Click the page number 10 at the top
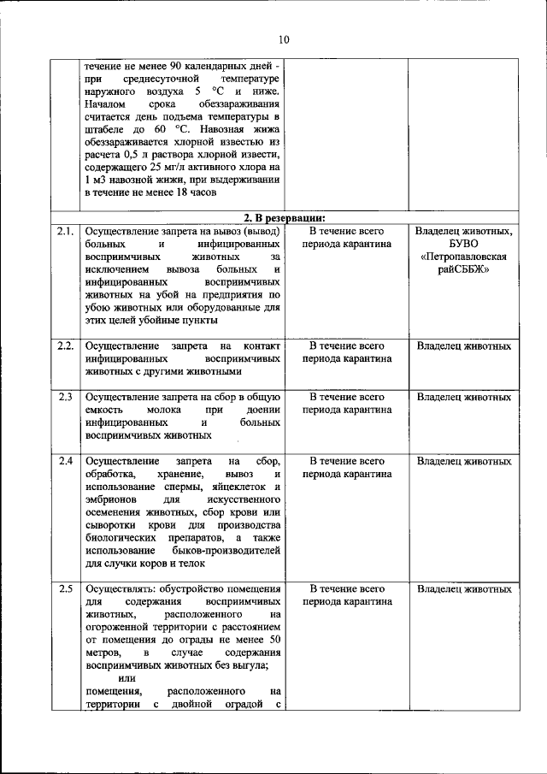(x=284, y=39)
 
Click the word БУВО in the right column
(x=463, y=244)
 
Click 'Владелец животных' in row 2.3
(x=463, y=398)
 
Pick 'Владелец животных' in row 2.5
(x=463, y=589)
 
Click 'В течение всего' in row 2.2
(x=347, y=346)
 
